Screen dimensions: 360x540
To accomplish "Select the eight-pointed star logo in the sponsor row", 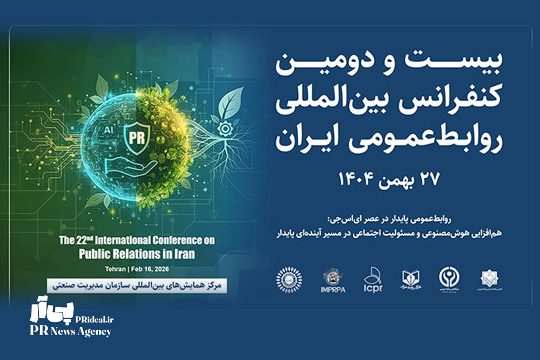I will coord(489,280).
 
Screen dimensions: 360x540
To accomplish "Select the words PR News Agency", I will coord(70,331).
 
